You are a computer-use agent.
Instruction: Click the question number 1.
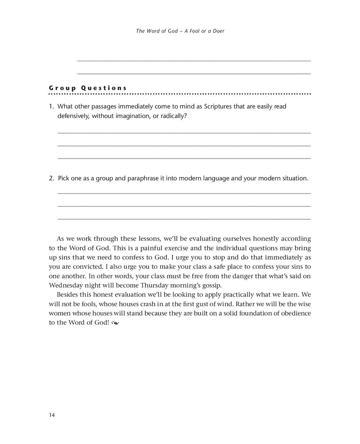pyautogui.click(x=51, y=107)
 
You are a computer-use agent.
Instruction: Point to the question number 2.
pyautogui.click(x=51, y=178)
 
